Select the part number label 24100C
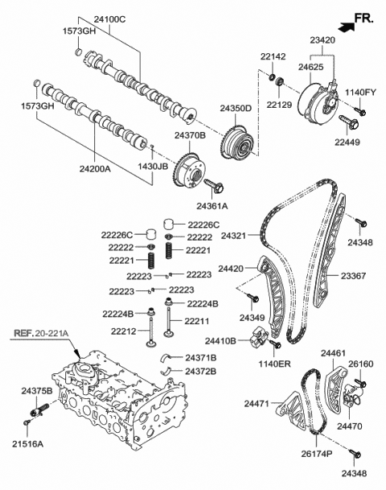(101, 18)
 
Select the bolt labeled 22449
(350, 125)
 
